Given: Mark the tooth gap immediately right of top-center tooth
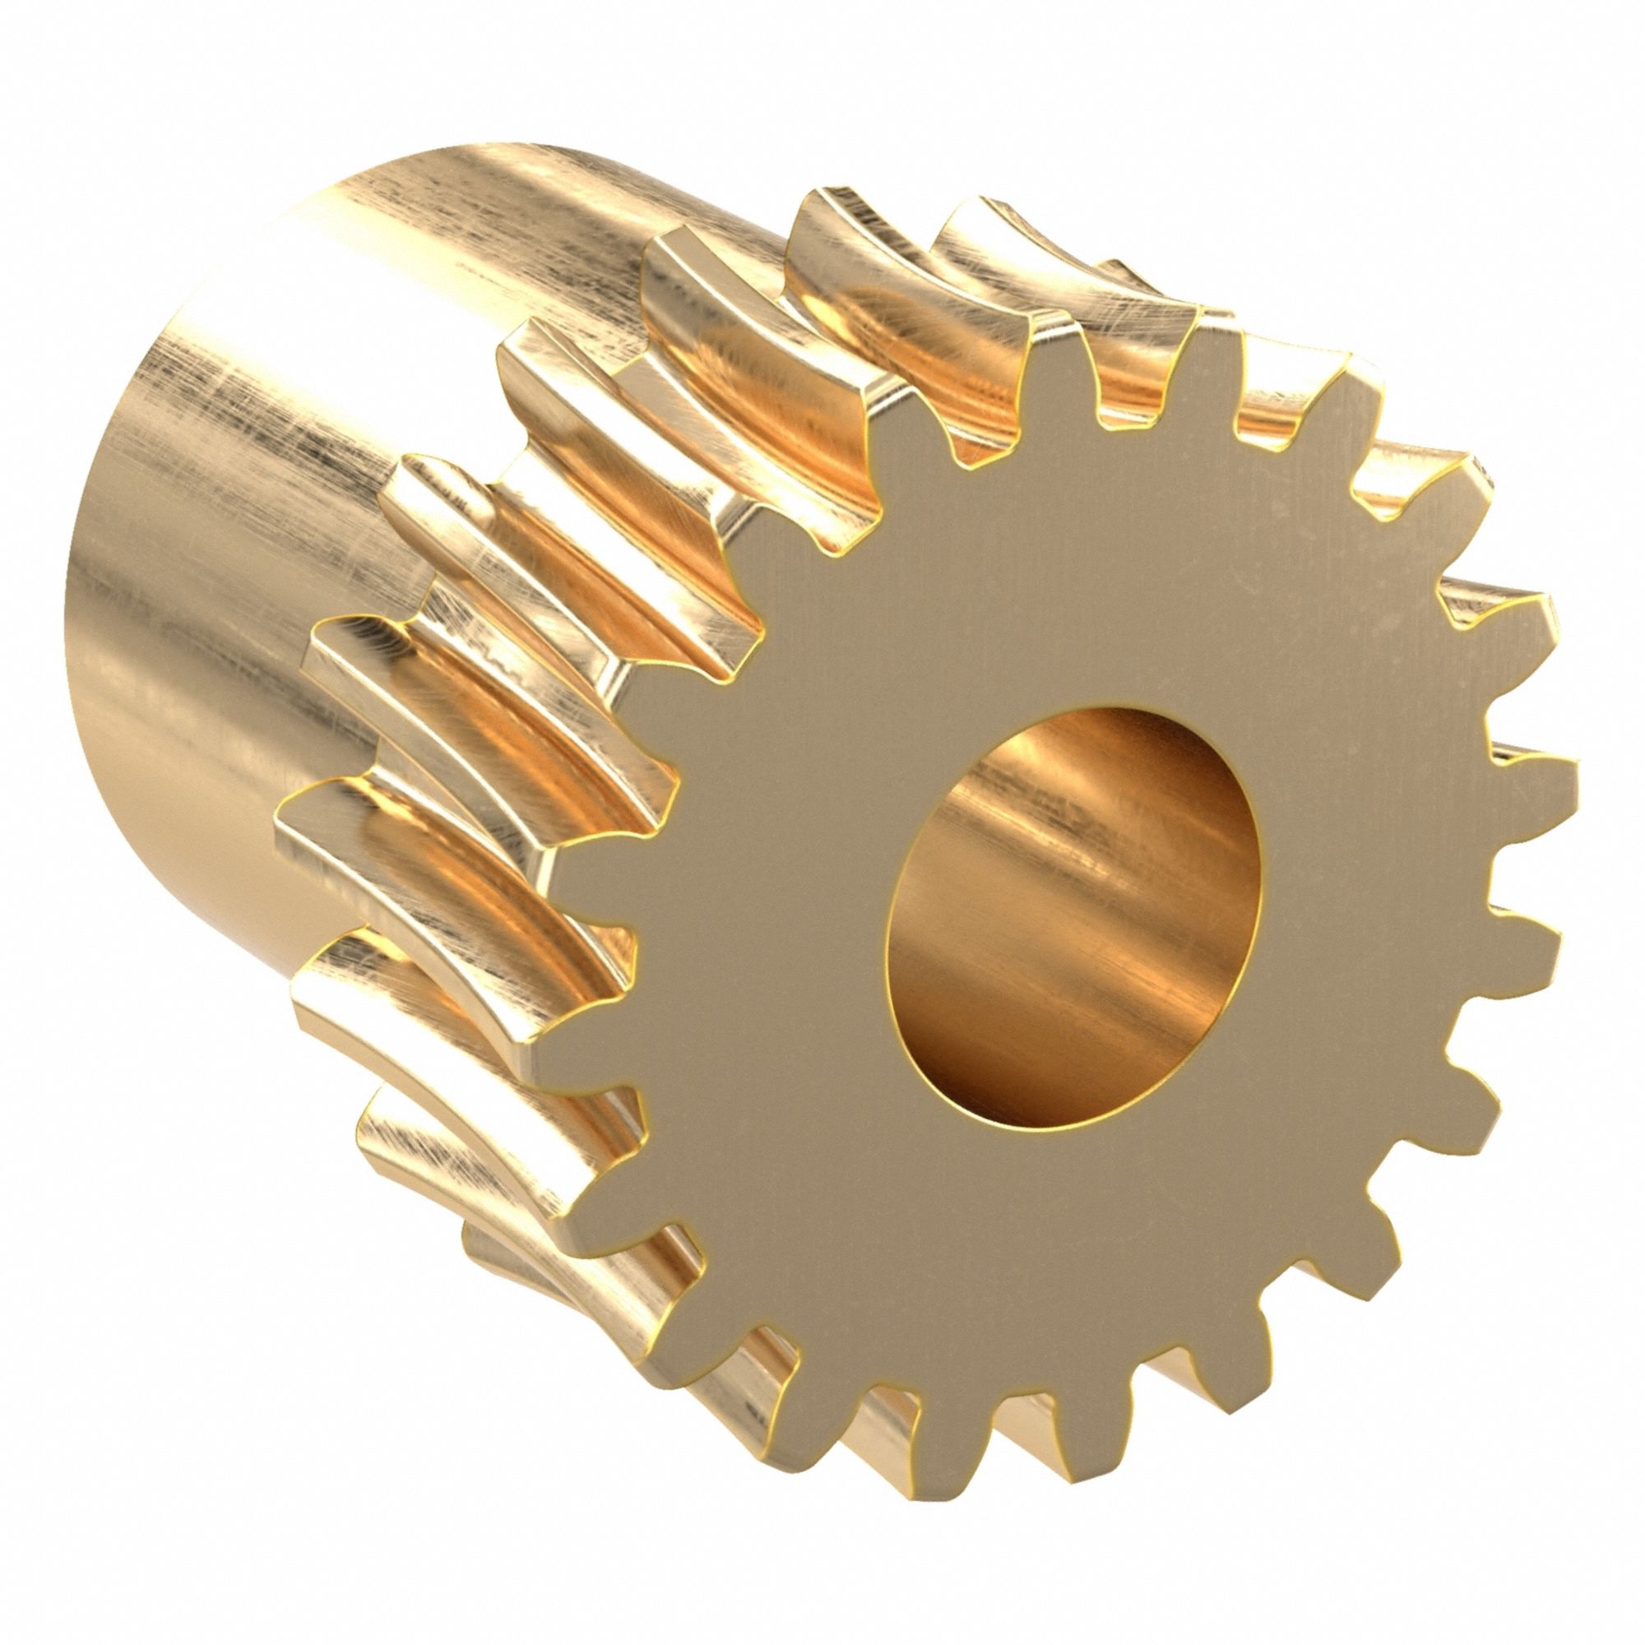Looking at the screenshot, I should point(1133,409).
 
